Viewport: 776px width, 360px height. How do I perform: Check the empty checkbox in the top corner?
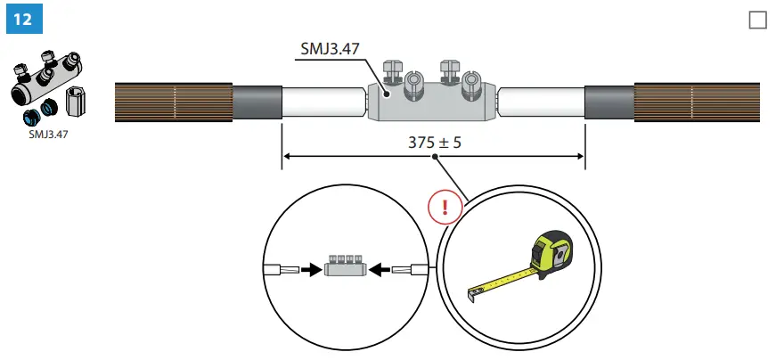click(757, 20)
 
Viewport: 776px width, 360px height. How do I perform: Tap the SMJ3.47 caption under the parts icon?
click(50, 135)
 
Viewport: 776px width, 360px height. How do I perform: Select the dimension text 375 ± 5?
click(433, 142)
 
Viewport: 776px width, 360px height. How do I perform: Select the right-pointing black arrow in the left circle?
click(308, 267)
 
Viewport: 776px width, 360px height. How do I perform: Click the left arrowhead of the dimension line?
click(285, 158)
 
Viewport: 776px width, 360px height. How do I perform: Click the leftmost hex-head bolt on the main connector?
click(389, 71)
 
